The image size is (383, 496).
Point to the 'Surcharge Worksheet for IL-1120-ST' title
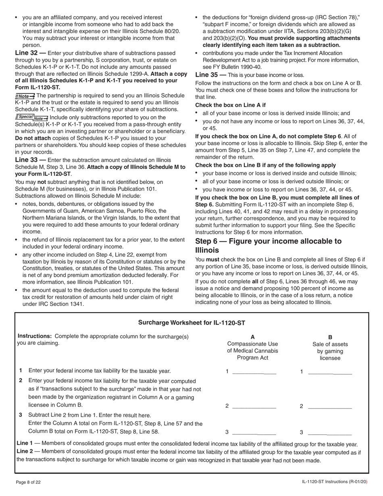(191, 323)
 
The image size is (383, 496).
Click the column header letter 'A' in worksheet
(252, 337)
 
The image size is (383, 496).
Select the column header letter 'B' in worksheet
(330, 337)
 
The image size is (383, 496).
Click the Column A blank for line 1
(254, 372)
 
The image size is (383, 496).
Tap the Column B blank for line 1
(329, 372)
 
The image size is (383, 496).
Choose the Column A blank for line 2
(254, 406)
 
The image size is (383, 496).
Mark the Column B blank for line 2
(329, 406)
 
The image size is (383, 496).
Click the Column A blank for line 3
(254, 432)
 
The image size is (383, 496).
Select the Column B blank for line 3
(329, 432)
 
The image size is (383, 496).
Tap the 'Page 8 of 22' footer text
(28, 482)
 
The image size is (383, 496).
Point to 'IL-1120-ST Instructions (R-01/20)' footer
(335, 482)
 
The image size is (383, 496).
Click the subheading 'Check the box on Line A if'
(230, 105)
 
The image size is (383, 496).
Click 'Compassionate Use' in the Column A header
(252, 344)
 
